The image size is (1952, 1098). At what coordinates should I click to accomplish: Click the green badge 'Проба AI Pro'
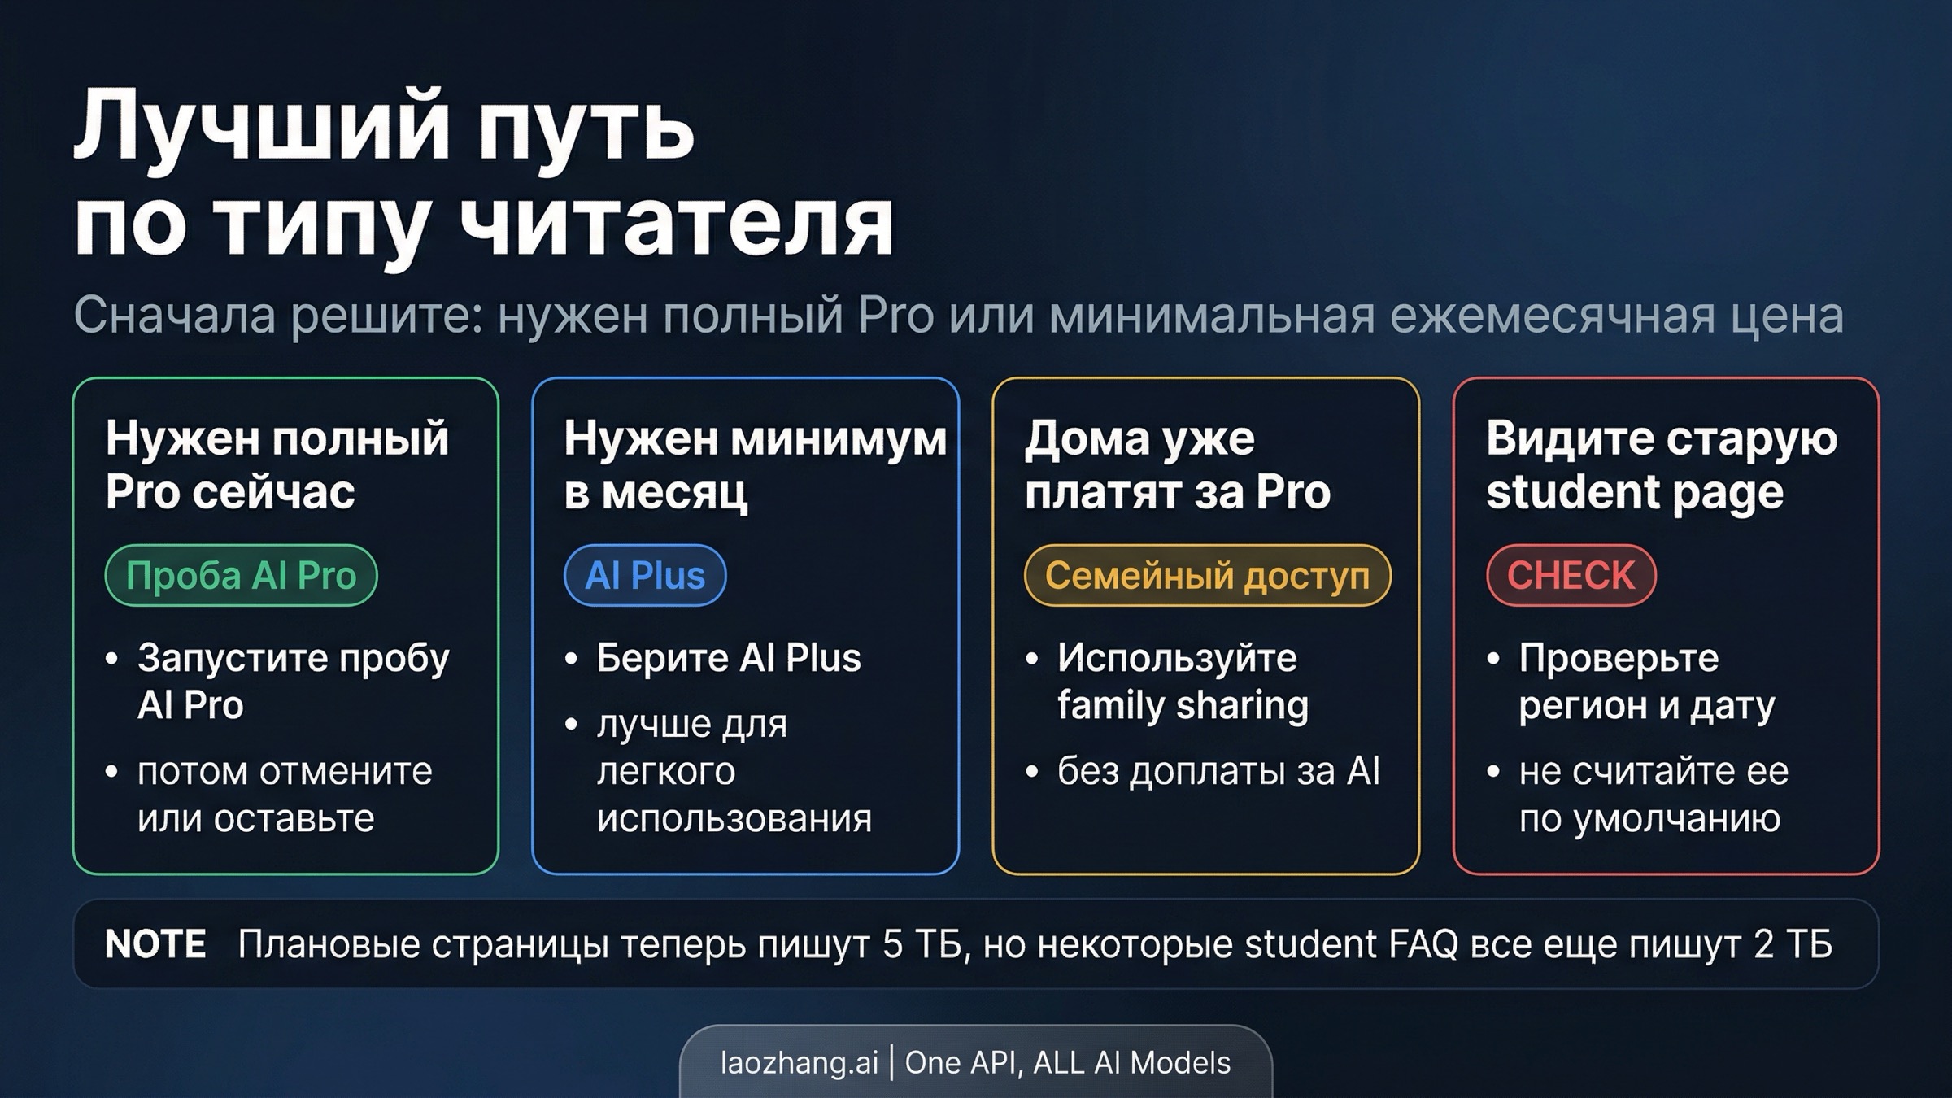241,576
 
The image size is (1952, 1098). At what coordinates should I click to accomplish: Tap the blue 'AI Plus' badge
645,576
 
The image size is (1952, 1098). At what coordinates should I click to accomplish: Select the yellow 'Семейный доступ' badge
1207,576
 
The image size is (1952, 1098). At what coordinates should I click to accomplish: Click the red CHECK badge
1571,576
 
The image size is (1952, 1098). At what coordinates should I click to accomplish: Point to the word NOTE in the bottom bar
155,944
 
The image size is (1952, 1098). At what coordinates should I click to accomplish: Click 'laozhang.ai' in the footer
799,1063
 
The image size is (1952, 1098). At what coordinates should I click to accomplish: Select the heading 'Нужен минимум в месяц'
754,464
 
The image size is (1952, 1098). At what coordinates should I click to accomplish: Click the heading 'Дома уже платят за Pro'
1177,464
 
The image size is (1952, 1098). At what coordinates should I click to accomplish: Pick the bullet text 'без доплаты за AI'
1218,771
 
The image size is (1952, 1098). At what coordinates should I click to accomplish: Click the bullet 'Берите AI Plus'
728,658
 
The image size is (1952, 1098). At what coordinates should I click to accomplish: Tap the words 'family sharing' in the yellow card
1183,705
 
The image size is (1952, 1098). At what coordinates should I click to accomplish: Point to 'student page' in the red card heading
1634,492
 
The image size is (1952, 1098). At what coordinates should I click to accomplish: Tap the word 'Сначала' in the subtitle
174,316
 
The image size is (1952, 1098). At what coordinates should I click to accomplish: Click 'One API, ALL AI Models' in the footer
1067,1063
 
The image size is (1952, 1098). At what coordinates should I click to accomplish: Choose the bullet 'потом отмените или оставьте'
284,795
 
